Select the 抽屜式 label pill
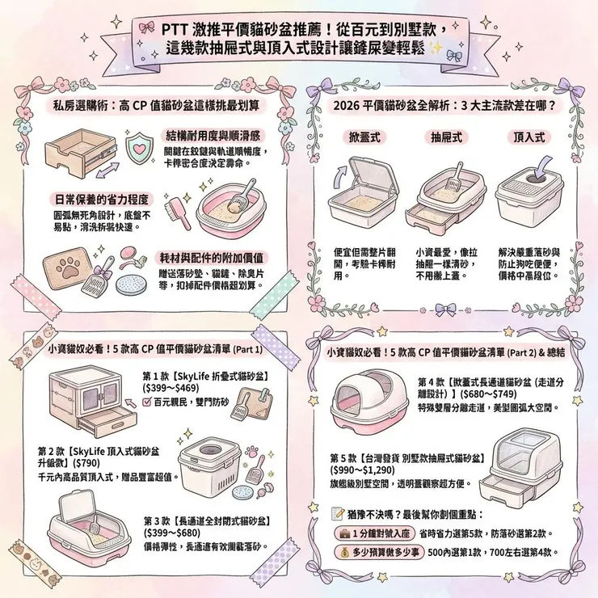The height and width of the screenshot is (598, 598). pyautogui.click(x=447, y=137)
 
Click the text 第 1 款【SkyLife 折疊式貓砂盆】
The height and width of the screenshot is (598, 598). pyautogui.click(x=206, y=377)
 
